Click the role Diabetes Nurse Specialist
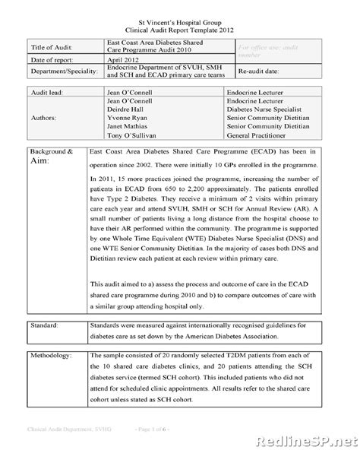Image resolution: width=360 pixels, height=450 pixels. (x=272, y=108)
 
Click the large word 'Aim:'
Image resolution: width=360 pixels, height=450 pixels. (x=42, y=162)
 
